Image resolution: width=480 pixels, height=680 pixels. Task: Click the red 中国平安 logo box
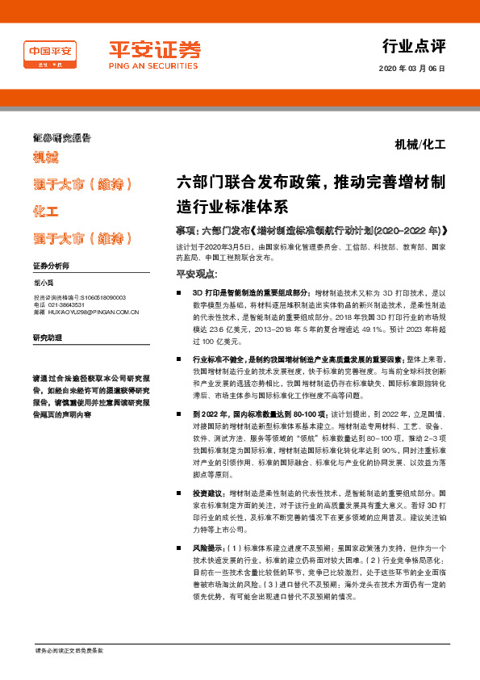click(x=51, y=55)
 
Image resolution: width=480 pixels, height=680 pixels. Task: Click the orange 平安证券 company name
click(x=154, y=49)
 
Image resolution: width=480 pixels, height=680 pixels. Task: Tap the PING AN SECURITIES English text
click(x=154, y=67)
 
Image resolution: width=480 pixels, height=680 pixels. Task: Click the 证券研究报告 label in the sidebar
click(x=61, y=138)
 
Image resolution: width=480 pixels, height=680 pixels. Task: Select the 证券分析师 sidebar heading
click(x=51, y=266)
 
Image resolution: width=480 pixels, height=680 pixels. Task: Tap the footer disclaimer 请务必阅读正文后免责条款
click(x=69, y=651)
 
